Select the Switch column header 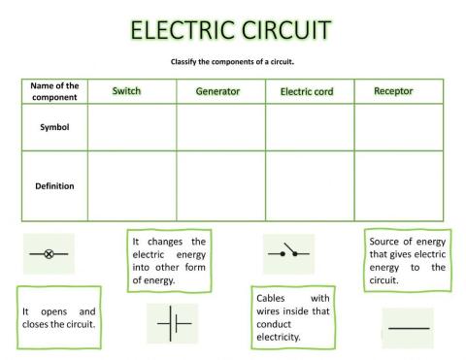126,90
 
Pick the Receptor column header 393,90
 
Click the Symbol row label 53,127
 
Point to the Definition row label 53,185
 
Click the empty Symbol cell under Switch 131,127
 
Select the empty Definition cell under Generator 220,185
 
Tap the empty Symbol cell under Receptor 398,127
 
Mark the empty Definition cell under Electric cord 309,185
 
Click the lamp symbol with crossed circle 50,254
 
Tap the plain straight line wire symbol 408,328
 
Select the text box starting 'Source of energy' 407,259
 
